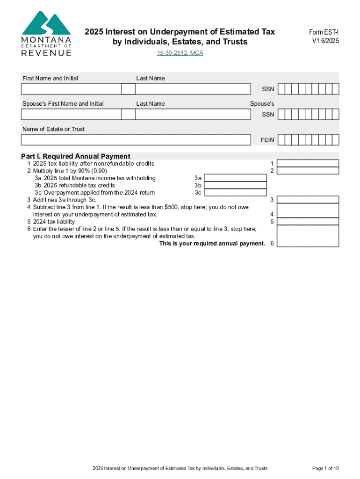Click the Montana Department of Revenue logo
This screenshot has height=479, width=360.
pyautogui.click(x=46, y=34)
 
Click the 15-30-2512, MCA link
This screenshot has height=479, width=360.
pyautogui.click(x=180, y=53)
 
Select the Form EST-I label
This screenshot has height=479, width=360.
pyautogui.click(x=324, y=32)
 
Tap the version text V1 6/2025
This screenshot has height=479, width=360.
pyautogui.click(x=325, y=41)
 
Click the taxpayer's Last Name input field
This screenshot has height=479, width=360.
pyautogui.click(x=193, y=89)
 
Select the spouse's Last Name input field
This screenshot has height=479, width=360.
pyautogui.click(x=193, y=115)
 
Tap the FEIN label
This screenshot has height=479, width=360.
pyautogui.click(x=267, y=140)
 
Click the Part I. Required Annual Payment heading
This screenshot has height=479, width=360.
pyautogui.click(x=76, y=156)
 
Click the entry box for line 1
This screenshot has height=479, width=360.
pyautogui.click(x=308, y=163)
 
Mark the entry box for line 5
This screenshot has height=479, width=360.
pyautogui.click(x=308, y=221)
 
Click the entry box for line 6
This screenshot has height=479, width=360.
pyautogui.click(x=308, y=236)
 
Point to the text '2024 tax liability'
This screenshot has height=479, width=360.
pyautogui.click(x=54, y=222)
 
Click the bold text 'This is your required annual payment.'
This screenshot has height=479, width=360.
pyautogui.click(x=212, y=243)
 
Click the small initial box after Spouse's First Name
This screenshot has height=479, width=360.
pyautogui.click(x=128, y=115)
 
